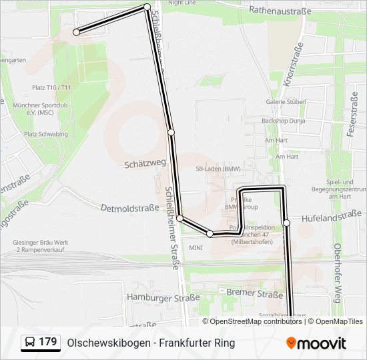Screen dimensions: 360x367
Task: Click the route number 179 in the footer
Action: tap(47, 342)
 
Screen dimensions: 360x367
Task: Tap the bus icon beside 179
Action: tap(30, 343)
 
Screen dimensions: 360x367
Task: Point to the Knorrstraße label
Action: tap(290, 69)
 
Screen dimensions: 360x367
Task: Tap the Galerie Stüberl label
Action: tap(286, 101)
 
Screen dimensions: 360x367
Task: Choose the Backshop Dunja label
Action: tap(284, 121)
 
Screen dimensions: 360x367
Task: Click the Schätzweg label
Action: tap(145, 163)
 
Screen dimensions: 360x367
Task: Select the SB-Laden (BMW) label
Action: tap(218, 169)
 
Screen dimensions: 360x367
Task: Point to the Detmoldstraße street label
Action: tap(129, 209)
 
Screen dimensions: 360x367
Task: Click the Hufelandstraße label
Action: tap(331, 215)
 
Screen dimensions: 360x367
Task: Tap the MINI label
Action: tap(196, 247)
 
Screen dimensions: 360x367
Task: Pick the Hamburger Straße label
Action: tap(163, 298)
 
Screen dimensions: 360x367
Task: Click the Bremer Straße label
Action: tap(255, 293)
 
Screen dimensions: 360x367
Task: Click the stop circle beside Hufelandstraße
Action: tap(287, 223)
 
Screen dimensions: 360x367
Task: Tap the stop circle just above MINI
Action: tap(210, 233)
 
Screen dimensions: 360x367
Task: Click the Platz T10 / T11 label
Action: tap(51, 87)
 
